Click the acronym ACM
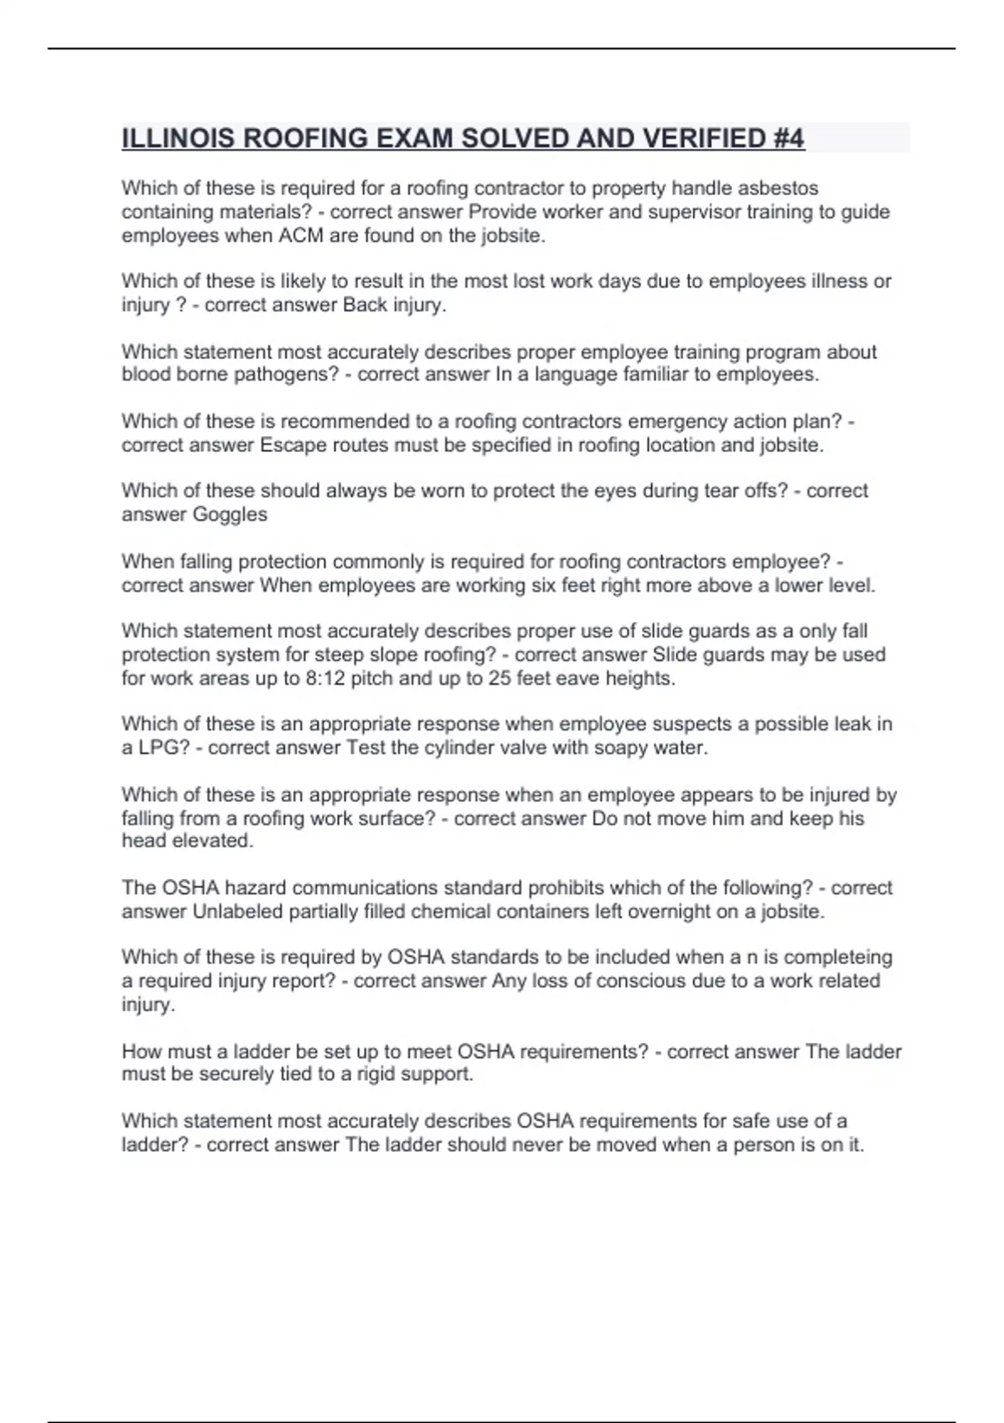[300, 236]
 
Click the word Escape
[289, 445]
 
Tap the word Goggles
[230, 515]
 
